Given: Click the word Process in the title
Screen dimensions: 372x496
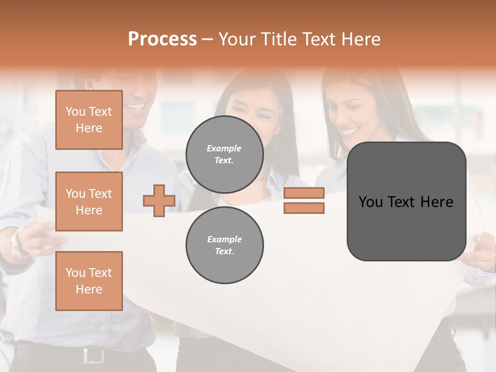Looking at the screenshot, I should point(162,39).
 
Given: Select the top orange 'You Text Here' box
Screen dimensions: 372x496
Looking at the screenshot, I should point(89,120).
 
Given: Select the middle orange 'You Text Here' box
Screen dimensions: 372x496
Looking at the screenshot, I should point(89,202).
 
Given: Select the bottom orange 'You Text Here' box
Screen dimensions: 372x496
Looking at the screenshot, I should point(89,281).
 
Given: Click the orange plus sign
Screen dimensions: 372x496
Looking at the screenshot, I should point(159,200).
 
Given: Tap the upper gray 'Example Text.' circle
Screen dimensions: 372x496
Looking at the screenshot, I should point(225,154).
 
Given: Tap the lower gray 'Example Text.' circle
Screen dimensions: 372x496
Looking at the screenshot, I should point(225,245).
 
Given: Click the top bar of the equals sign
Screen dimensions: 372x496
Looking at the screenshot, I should point(304,193).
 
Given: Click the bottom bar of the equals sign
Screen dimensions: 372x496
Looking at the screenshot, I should point(304,208).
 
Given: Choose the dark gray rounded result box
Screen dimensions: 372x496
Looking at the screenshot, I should point(407,202).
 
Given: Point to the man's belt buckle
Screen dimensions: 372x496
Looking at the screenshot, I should point(92,355).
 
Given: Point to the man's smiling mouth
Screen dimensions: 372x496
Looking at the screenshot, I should point(136,107).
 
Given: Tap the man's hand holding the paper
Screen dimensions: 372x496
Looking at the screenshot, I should point(44,235).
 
